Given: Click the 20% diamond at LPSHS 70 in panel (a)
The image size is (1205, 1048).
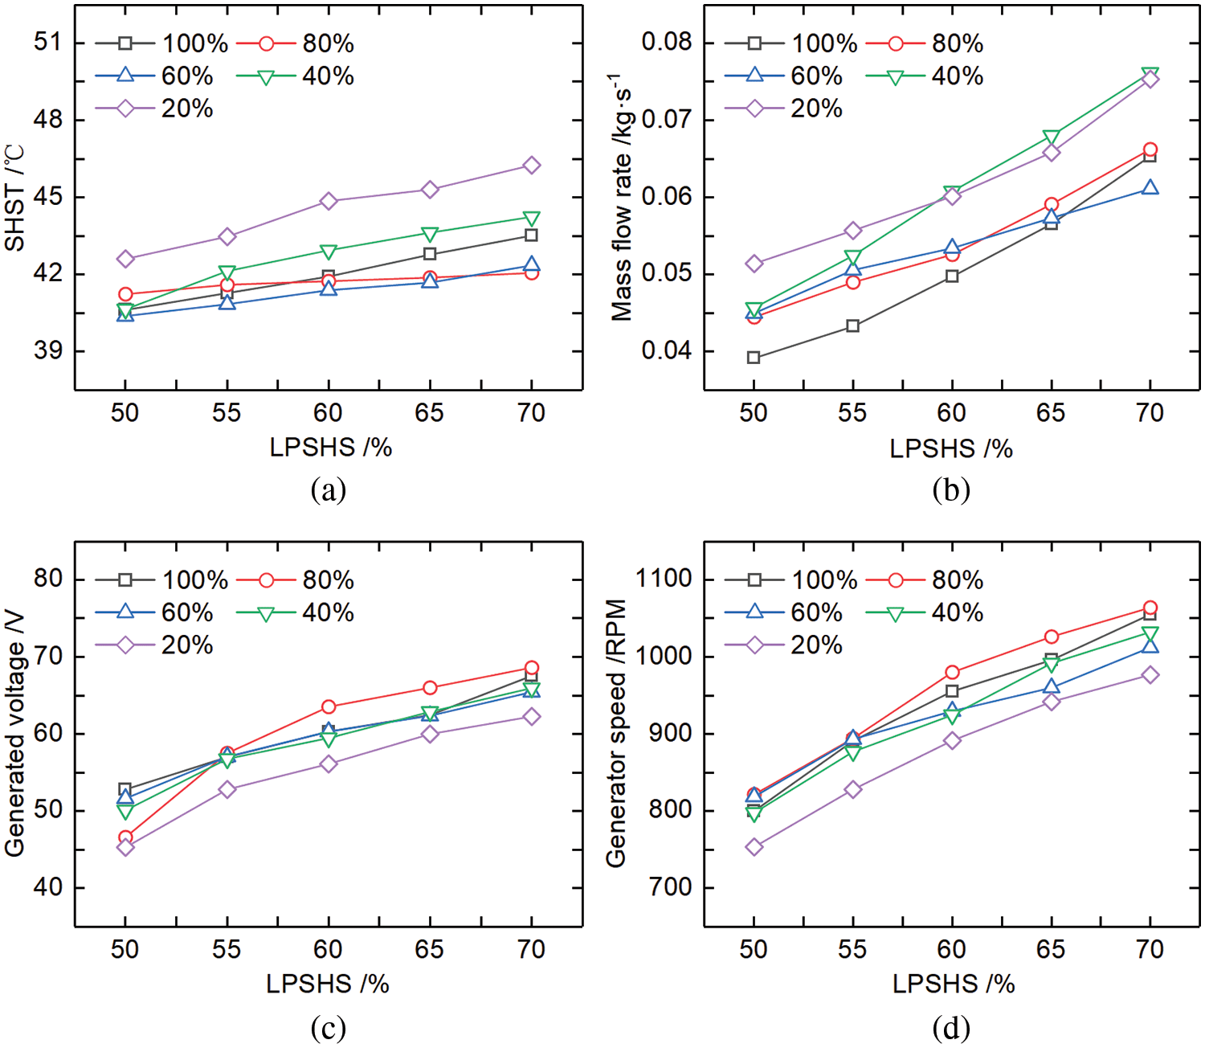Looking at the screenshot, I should click(531, 166).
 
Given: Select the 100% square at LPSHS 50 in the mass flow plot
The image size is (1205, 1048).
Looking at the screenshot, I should click(754, 358).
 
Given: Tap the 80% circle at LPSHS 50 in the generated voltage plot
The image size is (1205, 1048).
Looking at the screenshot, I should click(125, 837).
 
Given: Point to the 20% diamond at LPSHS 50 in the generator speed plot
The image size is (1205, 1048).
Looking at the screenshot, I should click(754, 847).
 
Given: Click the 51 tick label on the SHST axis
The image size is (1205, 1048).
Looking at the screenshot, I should click(48, 42).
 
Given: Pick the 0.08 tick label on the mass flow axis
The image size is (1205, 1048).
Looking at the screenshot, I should click(666, 42).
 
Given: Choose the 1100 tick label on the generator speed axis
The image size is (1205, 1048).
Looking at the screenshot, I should click(664, 579).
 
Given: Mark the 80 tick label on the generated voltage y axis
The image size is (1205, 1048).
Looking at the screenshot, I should click(48, 579).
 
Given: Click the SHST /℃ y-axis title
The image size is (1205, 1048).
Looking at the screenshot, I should click(14, 198).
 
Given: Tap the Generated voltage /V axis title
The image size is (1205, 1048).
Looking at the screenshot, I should click(14, 733).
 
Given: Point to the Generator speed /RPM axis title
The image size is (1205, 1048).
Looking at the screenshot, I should click(616, 733).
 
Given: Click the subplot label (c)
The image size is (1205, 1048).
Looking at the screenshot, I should click(328, 1027).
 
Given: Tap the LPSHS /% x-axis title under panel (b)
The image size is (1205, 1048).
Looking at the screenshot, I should click(951, 448).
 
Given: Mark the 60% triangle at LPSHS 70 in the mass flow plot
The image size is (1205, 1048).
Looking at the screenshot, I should click(1150, 187).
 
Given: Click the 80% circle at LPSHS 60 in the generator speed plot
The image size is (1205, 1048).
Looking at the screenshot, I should click(952, 672).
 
